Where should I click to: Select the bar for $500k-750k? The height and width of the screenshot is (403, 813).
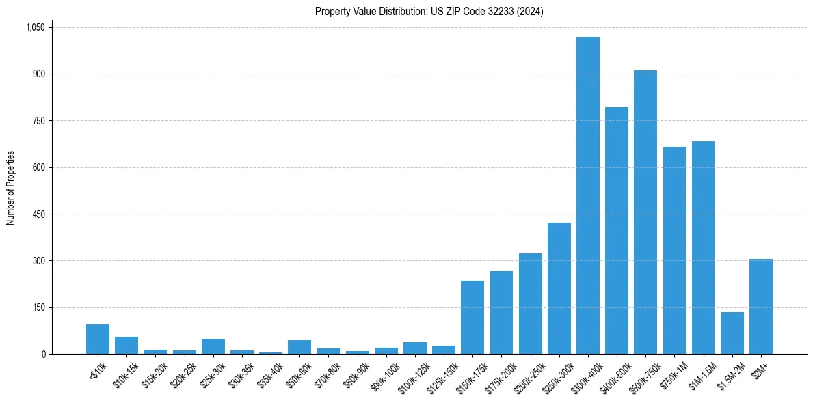click(x=645, y=212)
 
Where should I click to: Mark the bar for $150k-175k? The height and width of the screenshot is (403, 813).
click(x=472, y=317)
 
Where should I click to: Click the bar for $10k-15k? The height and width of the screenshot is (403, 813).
click(x=126, y=345)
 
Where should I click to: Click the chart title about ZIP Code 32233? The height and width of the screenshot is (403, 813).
click(x=429, y=12)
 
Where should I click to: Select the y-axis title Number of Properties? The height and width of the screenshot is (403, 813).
click(x=11, y=188)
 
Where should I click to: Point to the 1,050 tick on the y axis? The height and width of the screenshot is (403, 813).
click(x=35, y=27)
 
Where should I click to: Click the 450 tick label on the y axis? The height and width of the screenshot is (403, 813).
click(x=38, y=214)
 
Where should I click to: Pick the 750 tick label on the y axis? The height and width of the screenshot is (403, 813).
click(x=38, y=121)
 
